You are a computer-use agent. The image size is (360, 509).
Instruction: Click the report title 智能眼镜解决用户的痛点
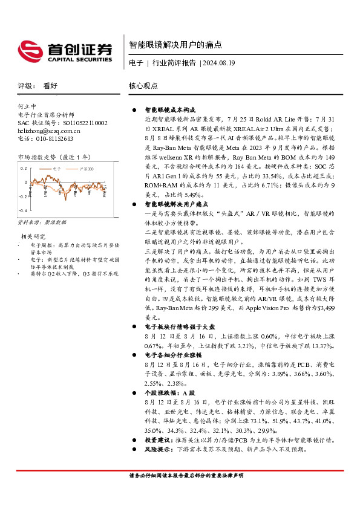pos(175,45)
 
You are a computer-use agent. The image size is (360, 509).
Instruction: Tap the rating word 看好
pos(50,86)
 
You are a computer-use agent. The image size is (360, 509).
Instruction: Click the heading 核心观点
pos(143,86)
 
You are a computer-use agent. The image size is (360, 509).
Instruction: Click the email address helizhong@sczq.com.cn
pos(49,130)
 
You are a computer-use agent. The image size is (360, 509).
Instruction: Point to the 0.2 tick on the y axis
pos(23,169)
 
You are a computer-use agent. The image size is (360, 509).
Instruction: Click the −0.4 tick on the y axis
pos(22,210)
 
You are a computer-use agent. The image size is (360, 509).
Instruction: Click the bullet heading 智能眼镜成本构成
pos(169,111)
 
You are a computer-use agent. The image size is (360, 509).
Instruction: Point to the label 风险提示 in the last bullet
pos(157,449)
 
